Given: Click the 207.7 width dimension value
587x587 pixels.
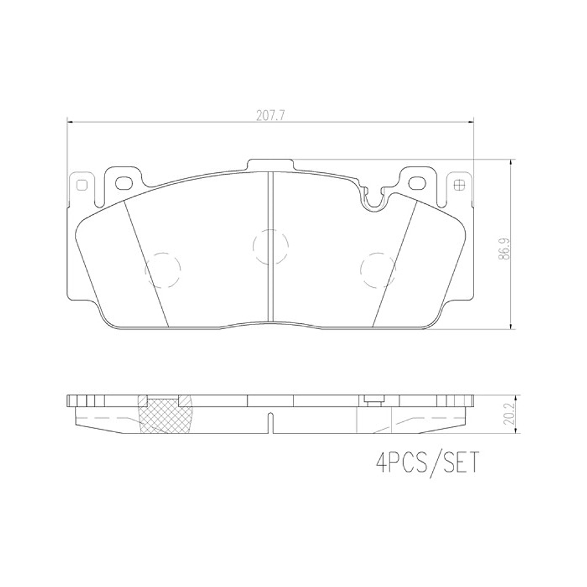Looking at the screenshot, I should (x=271, y=116).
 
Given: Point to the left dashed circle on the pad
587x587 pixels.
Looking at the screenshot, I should (x=163, y=269).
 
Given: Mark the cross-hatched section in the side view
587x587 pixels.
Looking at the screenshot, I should (x=165, y=416).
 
